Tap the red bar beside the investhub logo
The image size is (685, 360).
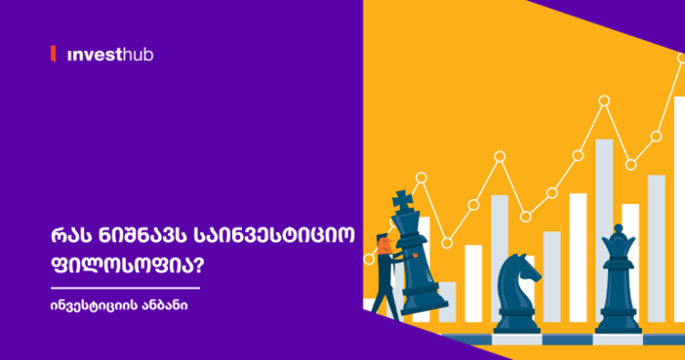click(x=54, y=55)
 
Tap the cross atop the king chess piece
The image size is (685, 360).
click(x=401, y=199)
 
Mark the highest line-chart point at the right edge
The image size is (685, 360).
click(x=681, y=58)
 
